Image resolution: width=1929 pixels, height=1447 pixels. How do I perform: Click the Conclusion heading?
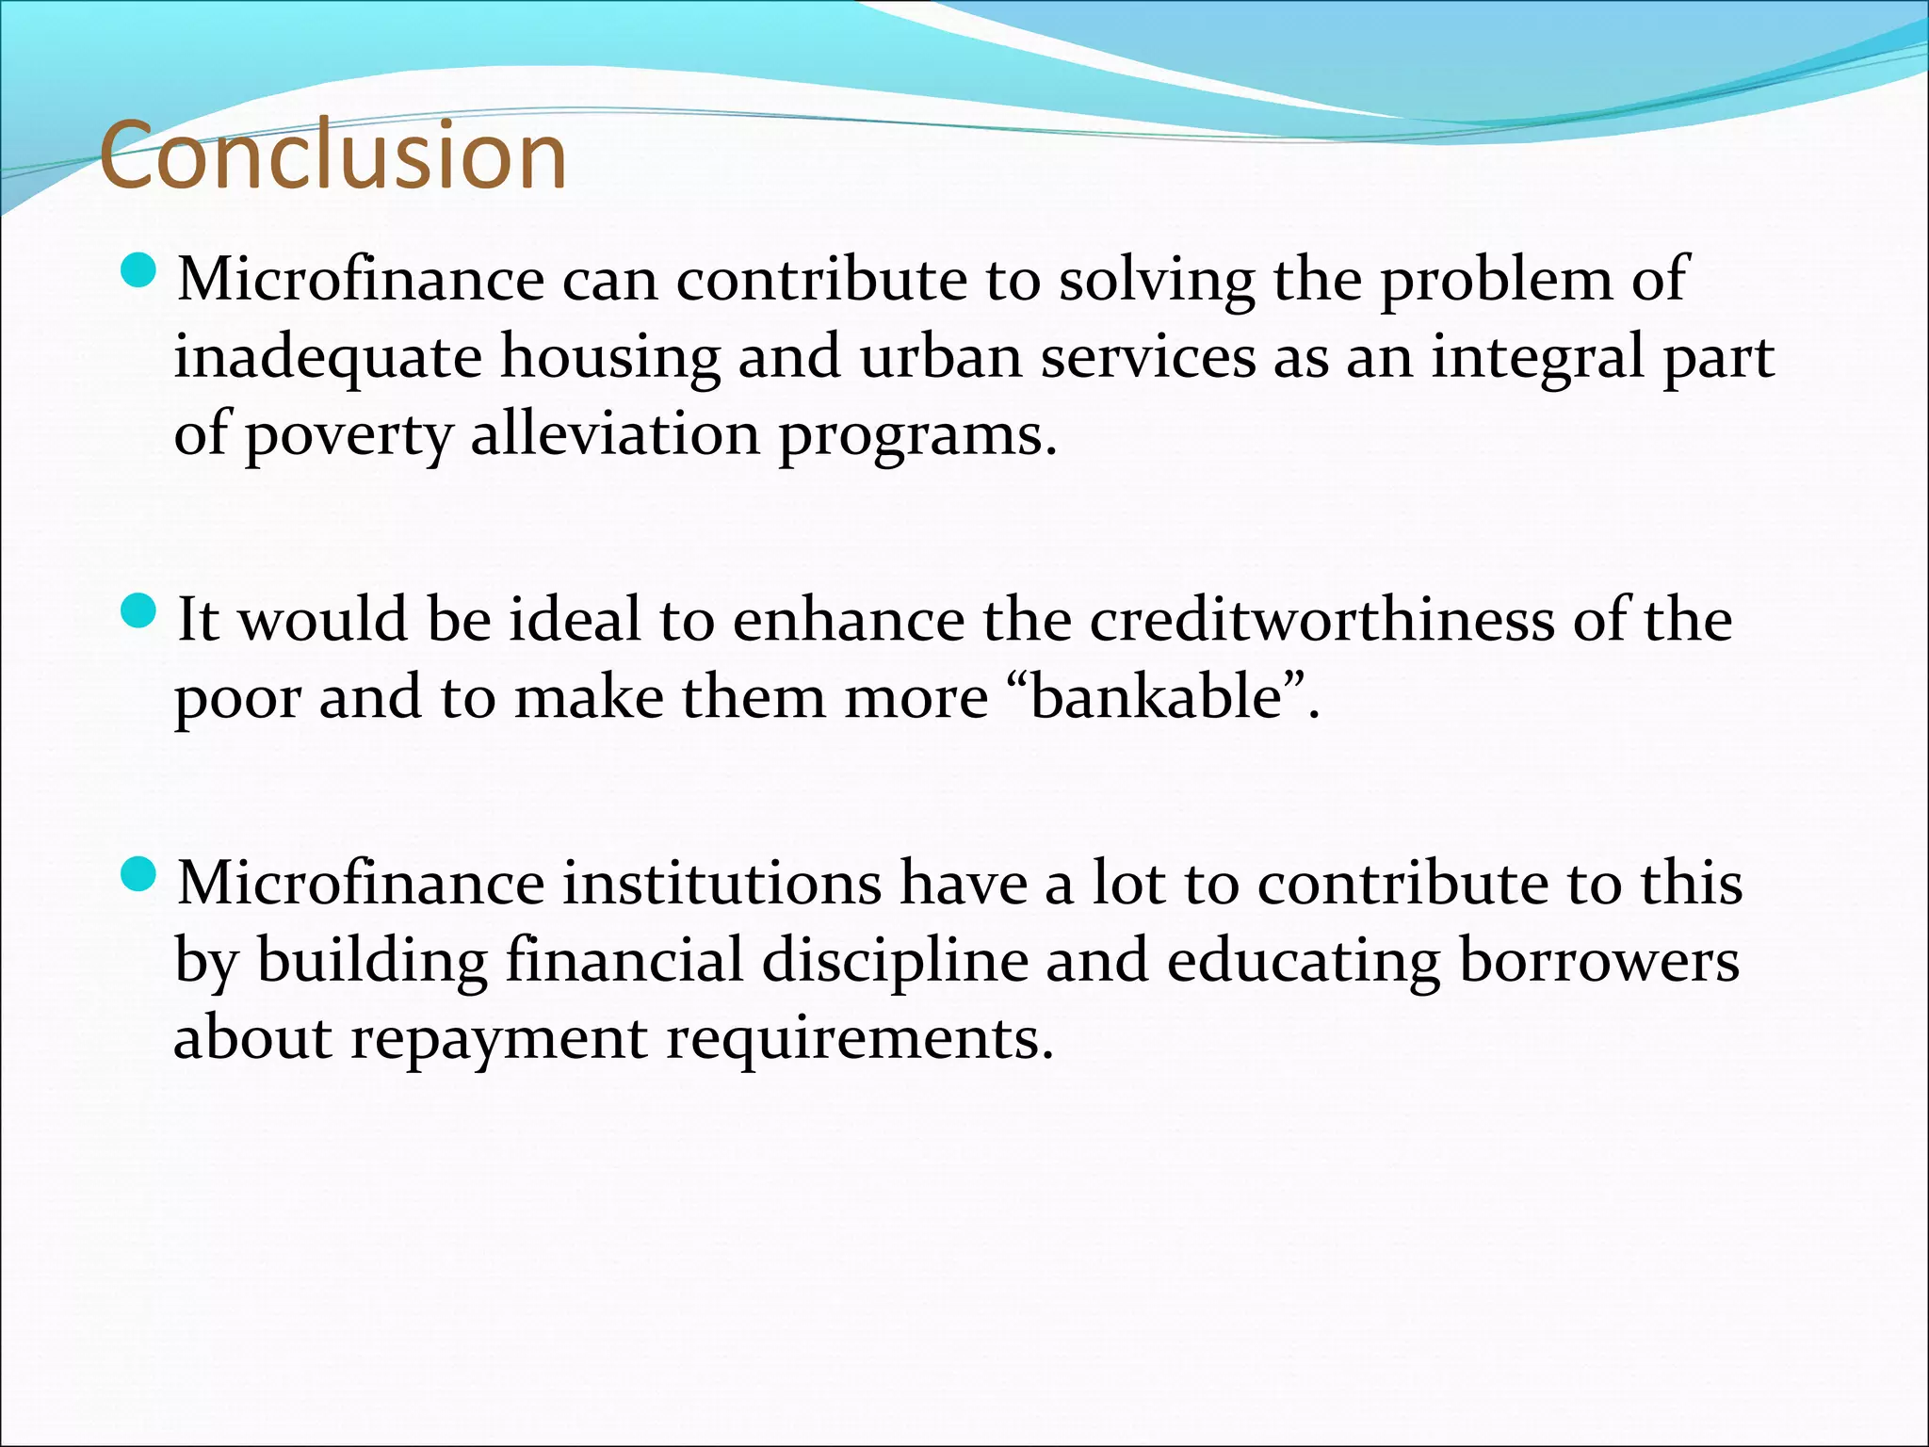click(x=332, y=155)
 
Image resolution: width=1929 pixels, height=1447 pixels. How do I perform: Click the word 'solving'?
click(x=1157, y=281)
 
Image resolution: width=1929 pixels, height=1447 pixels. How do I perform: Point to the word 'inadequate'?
click(x=327, y=359)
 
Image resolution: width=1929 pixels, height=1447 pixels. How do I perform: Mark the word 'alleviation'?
click(x=615, y=434)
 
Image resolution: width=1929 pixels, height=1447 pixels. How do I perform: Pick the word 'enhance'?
click(x=848, y=621)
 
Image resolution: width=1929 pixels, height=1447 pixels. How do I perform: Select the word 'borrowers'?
click(x=1598, y=962)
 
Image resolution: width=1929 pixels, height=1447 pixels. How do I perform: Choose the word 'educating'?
click(x=1304, y=962)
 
